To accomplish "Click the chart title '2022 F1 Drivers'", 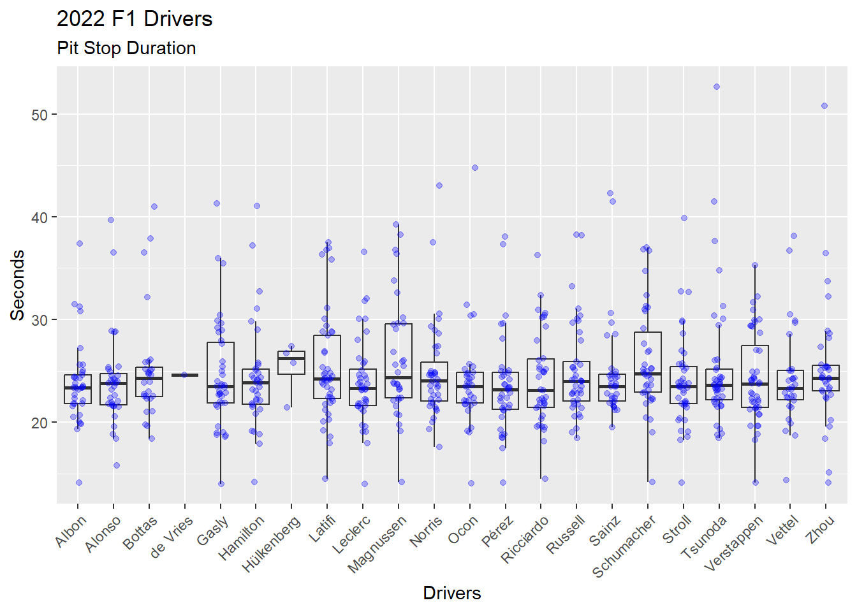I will coord(135,19).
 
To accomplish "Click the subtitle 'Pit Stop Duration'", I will coord(126,48).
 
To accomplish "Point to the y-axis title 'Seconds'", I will coord(18,284).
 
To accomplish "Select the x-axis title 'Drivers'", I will coord(451,593).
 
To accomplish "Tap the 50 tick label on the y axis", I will coord(40,115).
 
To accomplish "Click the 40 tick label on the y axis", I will coord(40,217).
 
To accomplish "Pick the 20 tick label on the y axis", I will coord(40,423).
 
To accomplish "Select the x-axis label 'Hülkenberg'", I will coord(272,544).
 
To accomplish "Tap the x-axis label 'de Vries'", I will coord(172,537).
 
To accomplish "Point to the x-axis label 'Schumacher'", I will coord(624,546).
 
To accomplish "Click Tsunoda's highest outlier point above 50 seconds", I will coord(716,87).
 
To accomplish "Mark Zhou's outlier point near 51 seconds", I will coord(824,106).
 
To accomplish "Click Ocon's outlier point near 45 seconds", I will coord(475,168).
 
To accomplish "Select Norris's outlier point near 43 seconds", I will coord(439,186).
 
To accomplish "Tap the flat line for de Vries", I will coord(185,375).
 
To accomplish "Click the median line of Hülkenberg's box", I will coord(291,359).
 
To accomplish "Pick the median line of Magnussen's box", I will coord(399,377).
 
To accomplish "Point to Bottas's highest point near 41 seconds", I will coord(154,207).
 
